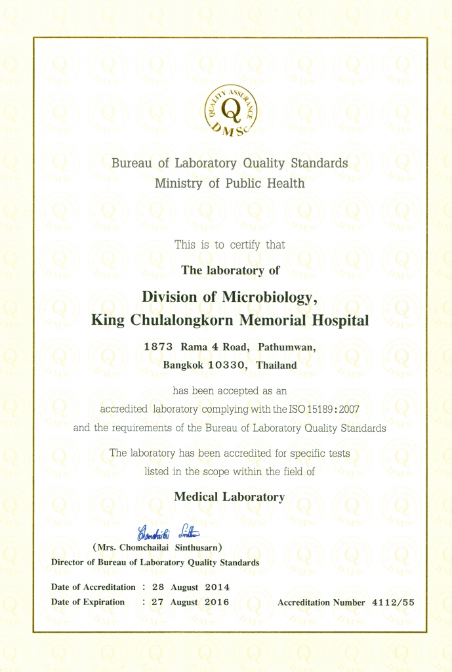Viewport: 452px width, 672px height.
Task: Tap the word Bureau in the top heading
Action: click(x=131, y=163)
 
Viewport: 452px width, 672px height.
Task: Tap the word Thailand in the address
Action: click(x=277, y=365)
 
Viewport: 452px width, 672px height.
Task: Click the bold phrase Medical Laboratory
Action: click(x=229, y=497)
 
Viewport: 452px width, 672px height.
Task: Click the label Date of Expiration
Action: click(x=87, y=602)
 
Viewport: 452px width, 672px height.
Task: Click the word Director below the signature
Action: click(x=68, y=562)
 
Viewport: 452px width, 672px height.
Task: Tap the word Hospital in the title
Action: click(x=337, y=321)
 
